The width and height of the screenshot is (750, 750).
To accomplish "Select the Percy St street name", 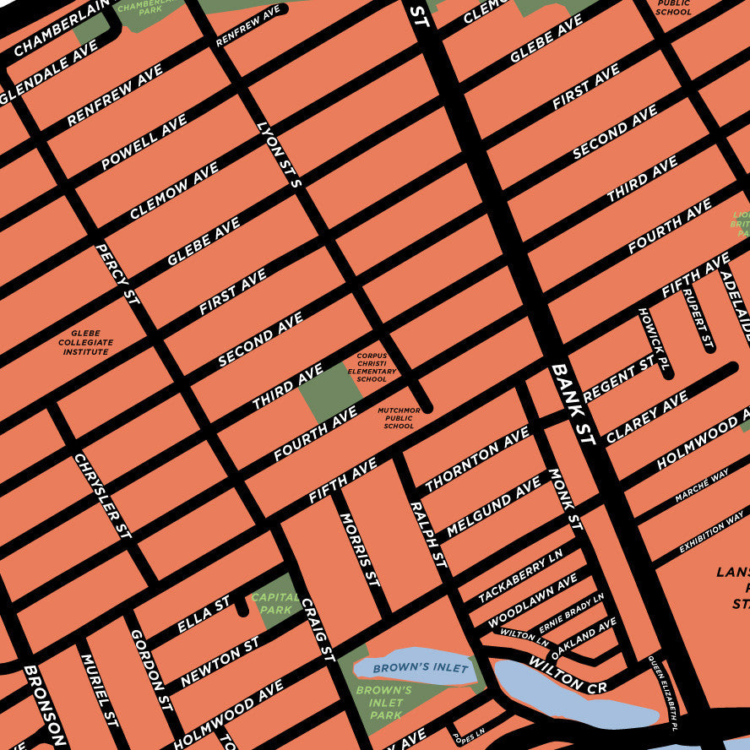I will [117, 274].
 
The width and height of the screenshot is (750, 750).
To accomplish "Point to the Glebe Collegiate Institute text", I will [85, 342].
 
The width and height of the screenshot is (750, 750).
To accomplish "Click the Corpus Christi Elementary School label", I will [372, 367].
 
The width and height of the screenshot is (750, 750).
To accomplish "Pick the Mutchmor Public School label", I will [399, 418].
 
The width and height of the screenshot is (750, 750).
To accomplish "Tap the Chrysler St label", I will [102, 496].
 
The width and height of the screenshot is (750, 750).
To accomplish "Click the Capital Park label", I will [275, 603].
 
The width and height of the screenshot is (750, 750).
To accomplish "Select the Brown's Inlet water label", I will [409, 668].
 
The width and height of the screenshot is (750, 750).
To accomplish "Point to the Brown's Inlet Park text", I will [379, 703].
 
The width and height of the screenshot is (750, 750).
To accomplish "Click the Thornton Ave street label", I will [477, 459].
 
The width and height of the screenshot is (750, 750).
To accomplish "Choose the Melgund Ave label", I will [494, 507].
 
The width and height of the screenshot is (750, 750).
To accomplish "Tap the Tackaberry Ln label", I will [520, 579].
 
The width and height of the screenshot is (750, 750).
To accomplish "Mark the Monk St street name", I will [566, 499].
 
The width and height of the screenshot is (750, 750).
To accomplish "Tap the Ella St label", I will [204, 615].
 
